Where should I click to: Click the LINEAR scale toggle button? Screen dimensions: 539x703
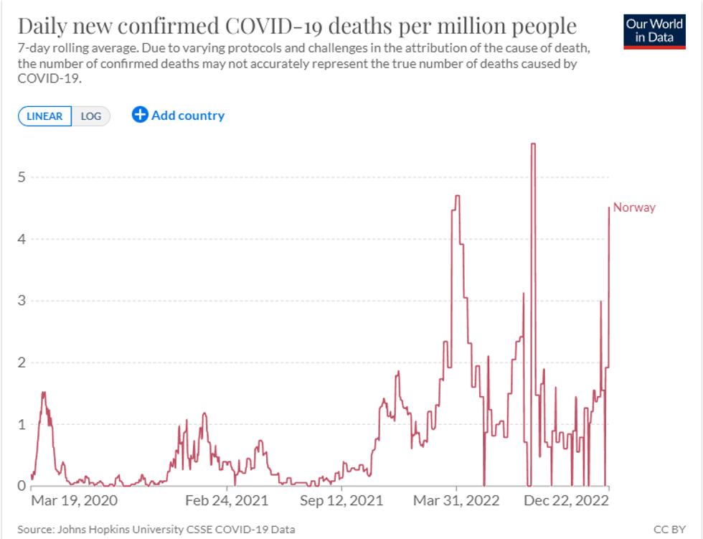tap(44, 116)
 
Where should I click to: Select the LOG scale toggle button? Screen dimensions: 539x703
tap(91, 116)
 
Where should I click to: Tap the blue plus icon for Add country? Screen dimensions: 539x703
tap(140, 115)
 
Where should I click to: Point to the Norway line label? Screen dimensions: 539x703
tap(634, 207)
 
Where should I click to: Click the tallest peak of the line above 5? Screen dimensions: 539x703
tap(533, 144)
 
